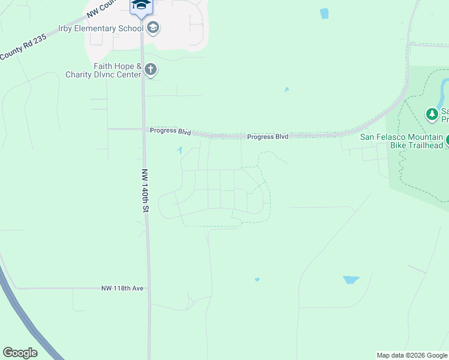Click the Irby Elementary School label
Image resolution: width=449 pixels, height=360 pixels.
pyautogui.click(x=101, y=28)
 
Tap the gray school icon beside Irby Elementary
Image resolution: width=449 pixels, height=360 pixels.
pyautogui.click(x=153, y=28)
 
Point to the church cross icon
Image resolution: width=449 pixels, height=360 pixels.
pyautogui.click(x=151, y=70)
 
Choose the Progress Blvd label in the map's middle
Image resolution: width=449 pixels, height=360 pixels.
pyautogui.click(x=268, y=137)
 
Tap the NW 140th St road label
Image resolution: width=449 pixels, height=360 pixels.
pyautogui.click(x=145, y=190)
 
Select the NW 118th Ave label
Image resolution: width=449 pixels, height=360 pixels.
pyautogui.click(x=122, y=289)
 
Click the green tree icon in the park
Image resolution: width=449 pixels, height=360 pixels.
pyautogui.click(x=432, y=113)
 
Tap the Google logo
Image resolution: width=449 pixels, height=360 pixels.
pyautogui.click(x=20, y=353)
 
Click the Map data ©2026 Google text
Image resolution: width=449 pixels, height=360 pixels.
pyautogui.click(x=412, y=355)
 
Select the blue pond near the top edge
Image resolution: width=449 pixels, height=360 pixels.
pyautogui.click(x=324, y=13)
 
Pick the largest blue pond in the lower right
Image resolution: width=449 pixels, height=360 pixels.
pyautogui.click(x=351, y=280)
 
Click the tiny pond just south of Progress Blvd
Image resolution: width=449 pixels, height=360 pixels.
pyautogui.click(x=179, y=150)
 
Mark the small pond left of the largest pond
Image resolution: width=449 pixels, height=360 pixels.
pyautogui.click(x=257, y=279)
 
